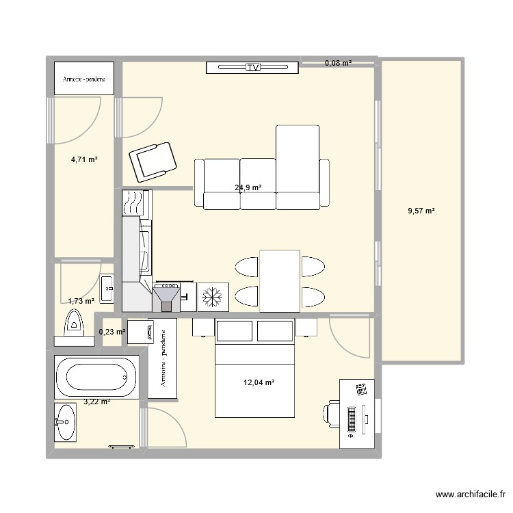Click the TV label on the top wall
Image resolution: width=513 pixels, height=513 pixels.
pos(254,67)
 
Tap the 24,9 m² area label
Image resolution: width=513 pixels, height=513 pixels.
pos(247,187)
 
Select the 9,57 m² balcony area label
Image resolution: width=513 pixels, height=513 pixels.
pos(421,211)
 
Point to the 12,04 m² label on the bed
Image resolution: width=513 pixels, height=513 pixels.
pos(259,383)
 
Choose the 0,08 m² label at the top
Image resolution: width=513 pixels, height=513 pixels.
pos(338,63)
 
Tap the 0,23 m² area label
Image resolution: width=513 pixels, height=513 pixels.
pos(111,332)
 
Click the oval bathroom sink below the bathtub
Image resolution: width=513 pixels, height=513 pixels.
pos(66,421)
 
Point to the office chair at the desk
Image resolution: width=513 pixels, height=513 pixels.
pos(331,415)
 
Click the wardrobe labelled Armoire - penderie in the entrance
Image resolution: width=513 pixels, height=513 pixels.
pos(84,79)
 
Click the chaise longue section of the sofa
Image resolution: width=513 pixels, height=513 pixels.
pos(298,167)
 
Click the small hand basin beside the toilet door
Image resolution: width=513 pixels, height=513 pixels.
pos(108,288)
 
